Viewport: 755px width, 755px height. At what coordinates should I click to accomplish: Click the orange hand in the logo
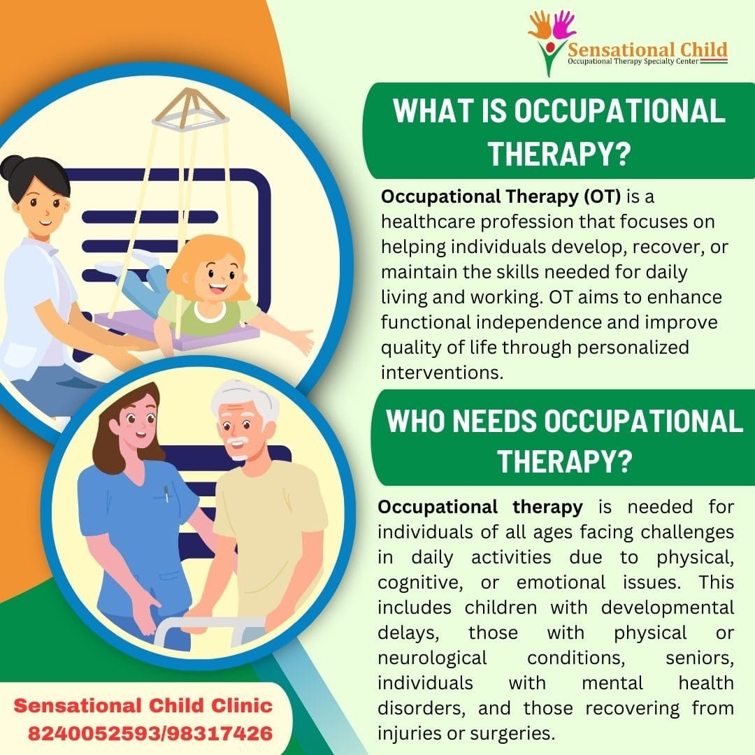tap(540, 24)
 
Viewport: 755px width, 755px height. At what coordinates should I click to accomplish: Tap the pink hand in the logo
tap(563, 24)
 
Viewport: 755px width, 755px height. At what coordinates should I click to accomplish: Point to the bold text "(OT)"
tap(602, 196)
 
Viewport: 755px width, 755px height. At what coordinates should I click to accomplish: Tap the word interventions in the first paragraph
tap(442, 372)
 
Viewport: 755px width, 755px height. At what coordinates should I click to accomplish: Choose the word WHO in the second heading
tap(415, 421)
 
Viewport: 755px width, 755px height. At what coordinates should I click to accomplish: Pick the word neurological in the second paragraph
tap(432, 658)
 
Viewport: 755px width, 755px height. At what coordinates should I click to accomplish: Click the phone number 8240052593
tap(94, 733)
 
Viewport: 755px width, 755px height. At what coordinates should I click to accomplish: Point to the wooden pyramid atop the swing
tap(190, 109)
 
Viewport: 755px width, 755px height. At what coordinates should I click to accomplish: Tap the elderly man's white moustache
tap(237, 442)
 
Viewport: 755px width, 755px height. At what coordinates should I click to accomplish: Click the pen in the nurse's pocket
tap(166, 494)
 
